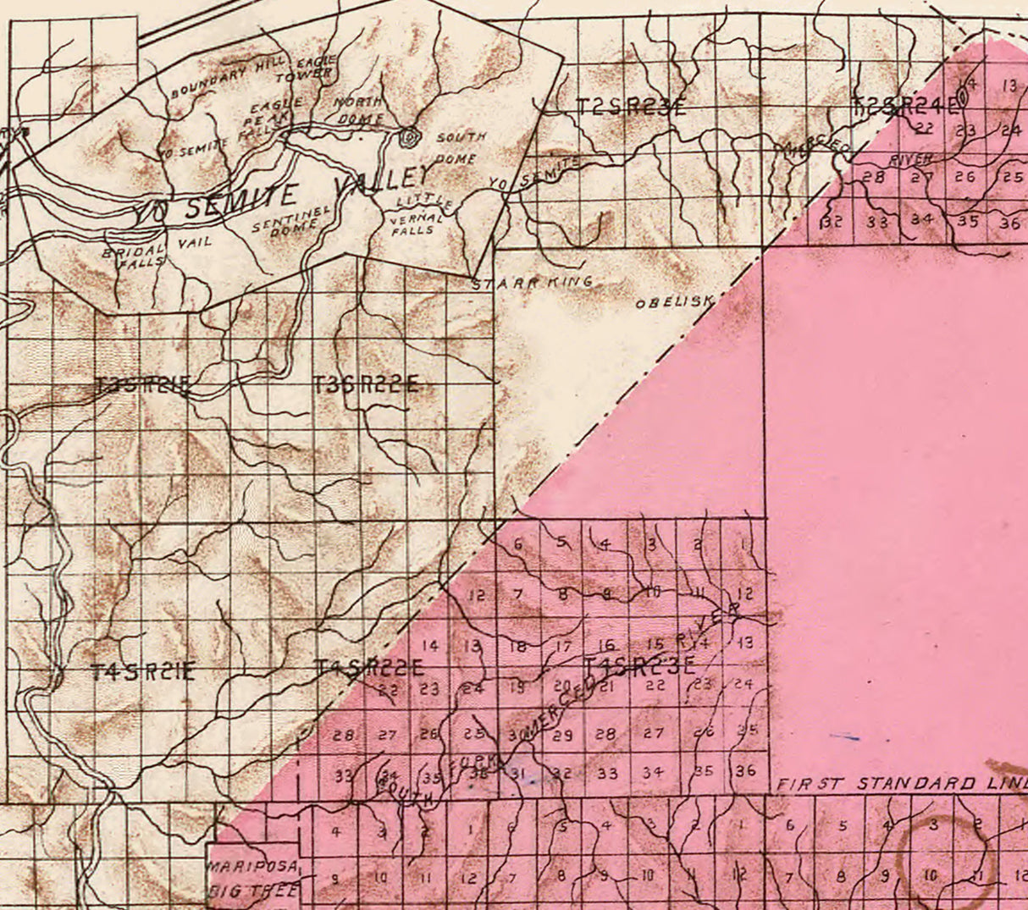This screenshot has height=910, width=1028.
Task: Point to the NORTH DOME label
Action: click(x=360, y=111)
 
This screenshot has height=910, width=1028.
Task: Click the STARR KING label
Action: click(x=531, y=284)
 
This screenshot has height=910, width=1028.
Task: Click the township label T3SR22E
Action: click(x=366, y=385)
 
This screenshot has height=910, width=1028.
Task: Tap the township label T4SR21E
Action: click(x=142, y=673)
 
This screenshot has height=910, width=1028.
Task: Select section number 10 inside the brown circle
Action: click(x=930, y=876)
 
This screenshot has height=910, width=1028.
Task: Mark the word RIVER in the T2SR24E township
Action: click(x=910, y=160)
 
